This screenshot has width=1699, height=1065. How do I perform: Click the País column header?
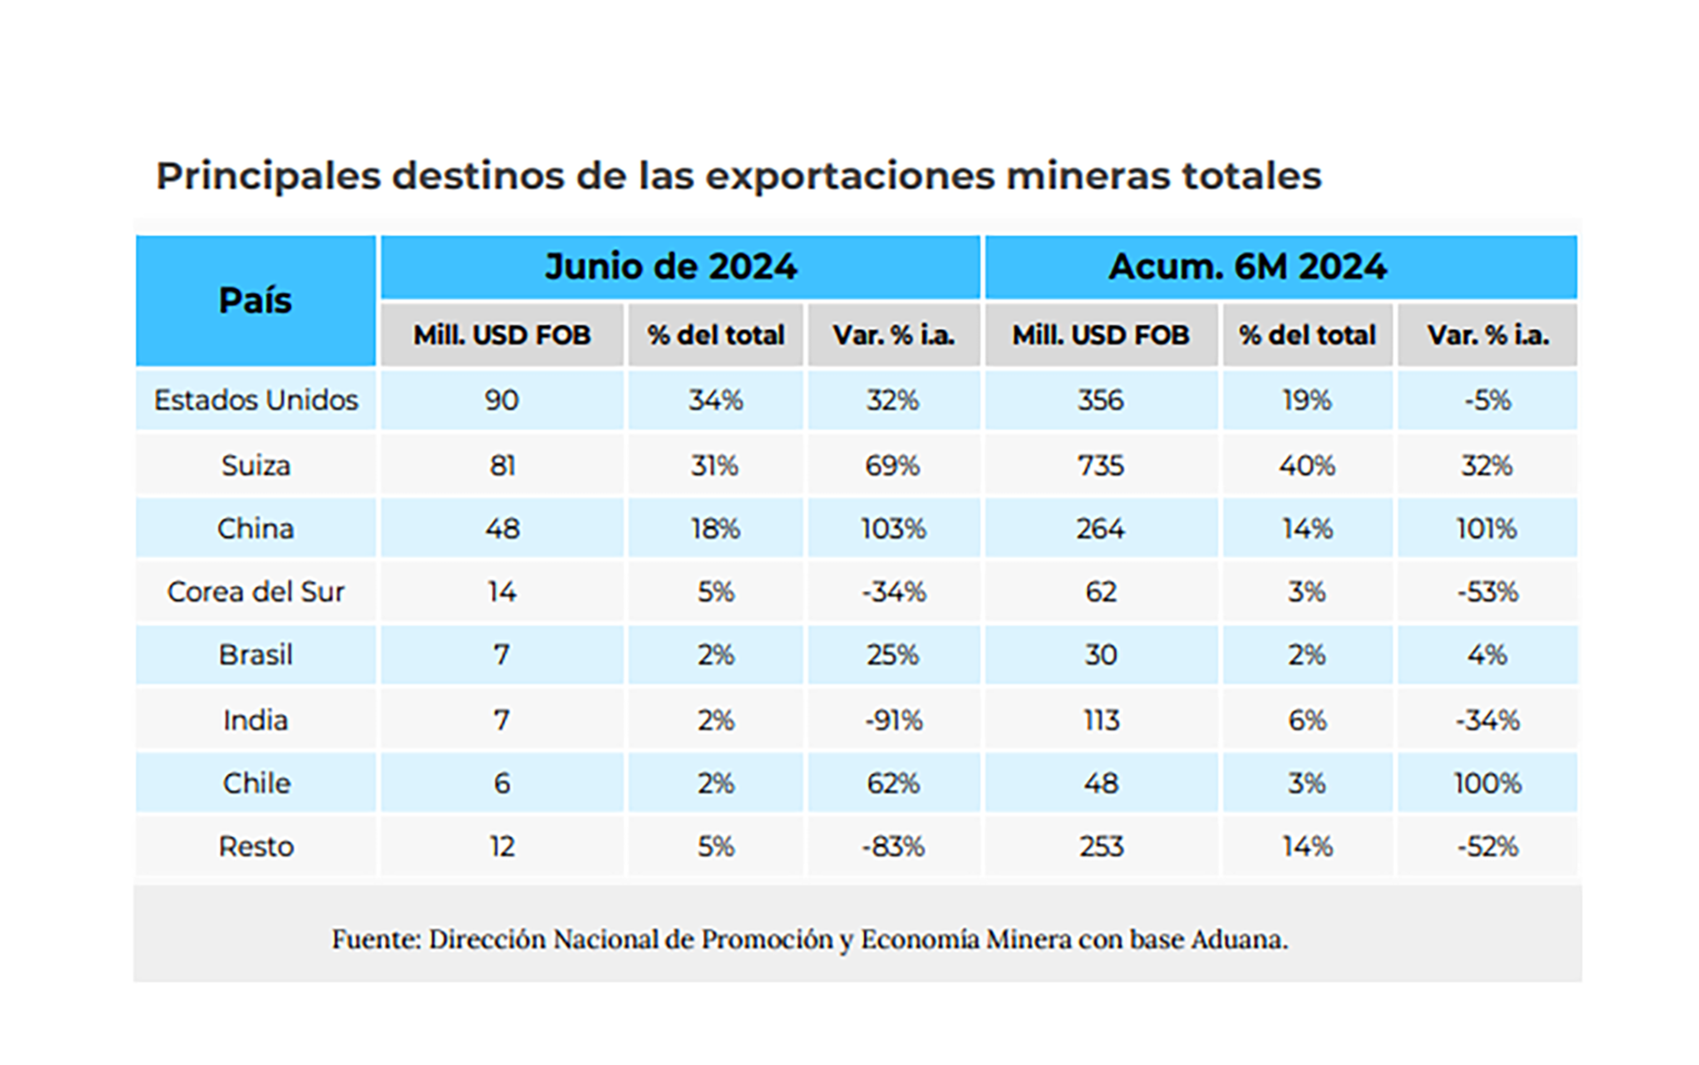(255, 301)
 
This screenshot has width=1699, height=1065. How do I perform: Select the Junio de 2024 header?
(671, 267)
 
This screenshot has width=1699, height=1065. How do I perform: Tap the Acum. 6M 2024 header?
(1248, 267)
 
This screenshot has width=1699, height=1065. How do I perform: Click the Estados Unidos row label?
(256, 401)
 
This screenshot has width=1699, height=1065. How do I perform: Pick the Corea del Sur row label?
(256, 592)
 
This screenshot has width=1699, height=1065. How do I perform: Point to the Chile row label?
(256, 784)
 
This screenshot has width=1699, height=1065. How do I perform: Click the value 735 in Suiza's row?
(1101, 466)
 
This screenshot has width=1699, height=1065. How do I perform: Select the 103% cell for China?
(893, 529)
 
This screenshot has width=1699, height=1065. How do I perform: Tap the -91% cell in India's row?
(893, 721)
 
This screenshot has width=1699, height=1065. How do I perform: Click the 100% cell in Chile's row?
(1487, 784)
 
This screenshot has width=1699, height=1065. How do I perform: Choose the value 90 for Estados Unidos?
(501, 401)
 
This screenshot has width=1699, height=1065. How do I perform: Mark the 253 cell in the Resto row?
(1101, 847)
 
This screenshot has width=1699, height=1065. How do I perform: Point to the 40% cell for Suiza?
(1306, 466)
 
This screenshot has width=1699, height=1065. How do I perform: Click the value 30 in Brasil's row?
(1101, 655)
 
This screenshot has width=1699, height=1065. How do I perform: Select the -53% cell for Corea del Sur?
(1487, 592)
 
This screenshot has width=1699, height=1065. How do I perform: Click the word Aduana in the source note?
(1239, 939)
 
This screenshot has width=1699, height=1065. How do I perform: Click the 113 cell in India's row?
(1101, 721)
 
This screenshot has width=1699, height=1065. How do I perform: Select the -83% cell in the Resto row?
(893, 847)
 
